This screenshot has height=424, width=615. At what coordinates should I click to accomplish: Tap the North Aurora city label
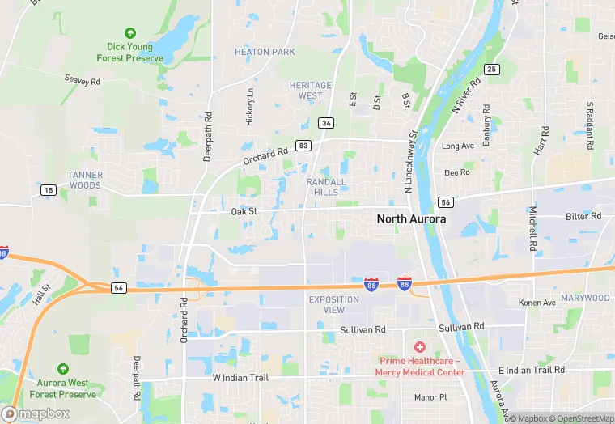(x=411, y=219)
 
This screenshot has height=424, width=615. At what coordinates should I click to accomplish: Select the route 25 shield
(x=491, y=70)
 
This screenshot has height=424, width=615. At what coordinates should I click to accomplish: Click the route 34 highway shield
(x=326, y=123)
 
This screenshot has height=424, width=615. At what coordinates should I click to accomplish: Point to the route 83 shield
(x=303, y=145)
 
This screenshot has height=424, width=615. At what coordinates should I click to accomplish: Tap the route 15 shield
(x=48, y=189)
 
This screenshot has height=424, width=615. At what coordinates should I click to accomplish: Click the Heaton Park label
(x=265, y=52)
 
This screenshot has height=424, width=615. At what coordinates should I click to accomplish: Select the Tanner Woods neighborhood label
(x=85, y=180)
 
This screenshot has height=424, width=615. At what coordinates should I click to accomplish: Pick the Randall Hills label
(x=326, y=187)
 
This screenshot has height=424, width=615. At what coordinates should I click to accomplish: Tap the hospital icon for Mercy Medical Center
(x=419, y=346)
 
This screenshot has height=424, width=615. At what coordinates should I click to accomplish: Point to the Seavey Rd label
(x=83, y=81)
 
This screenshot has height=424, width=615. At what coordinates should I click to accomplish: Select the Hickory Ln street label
(x=249, y=106)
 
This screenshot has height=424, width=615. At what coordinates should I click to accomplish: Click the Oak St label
(x=244, y=212)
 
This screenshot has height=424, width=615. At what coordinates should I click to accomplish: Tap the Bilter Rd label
(x=583, y=216)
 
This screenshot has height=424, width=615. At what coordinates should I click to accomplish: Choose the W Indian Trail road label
(x=239, y=378)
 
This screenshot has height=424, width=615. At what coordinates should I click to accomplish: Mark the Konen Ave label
(x=537, y=303)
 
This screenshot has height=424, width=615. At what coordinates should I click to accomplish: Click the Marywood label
(x=586, y=298)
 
